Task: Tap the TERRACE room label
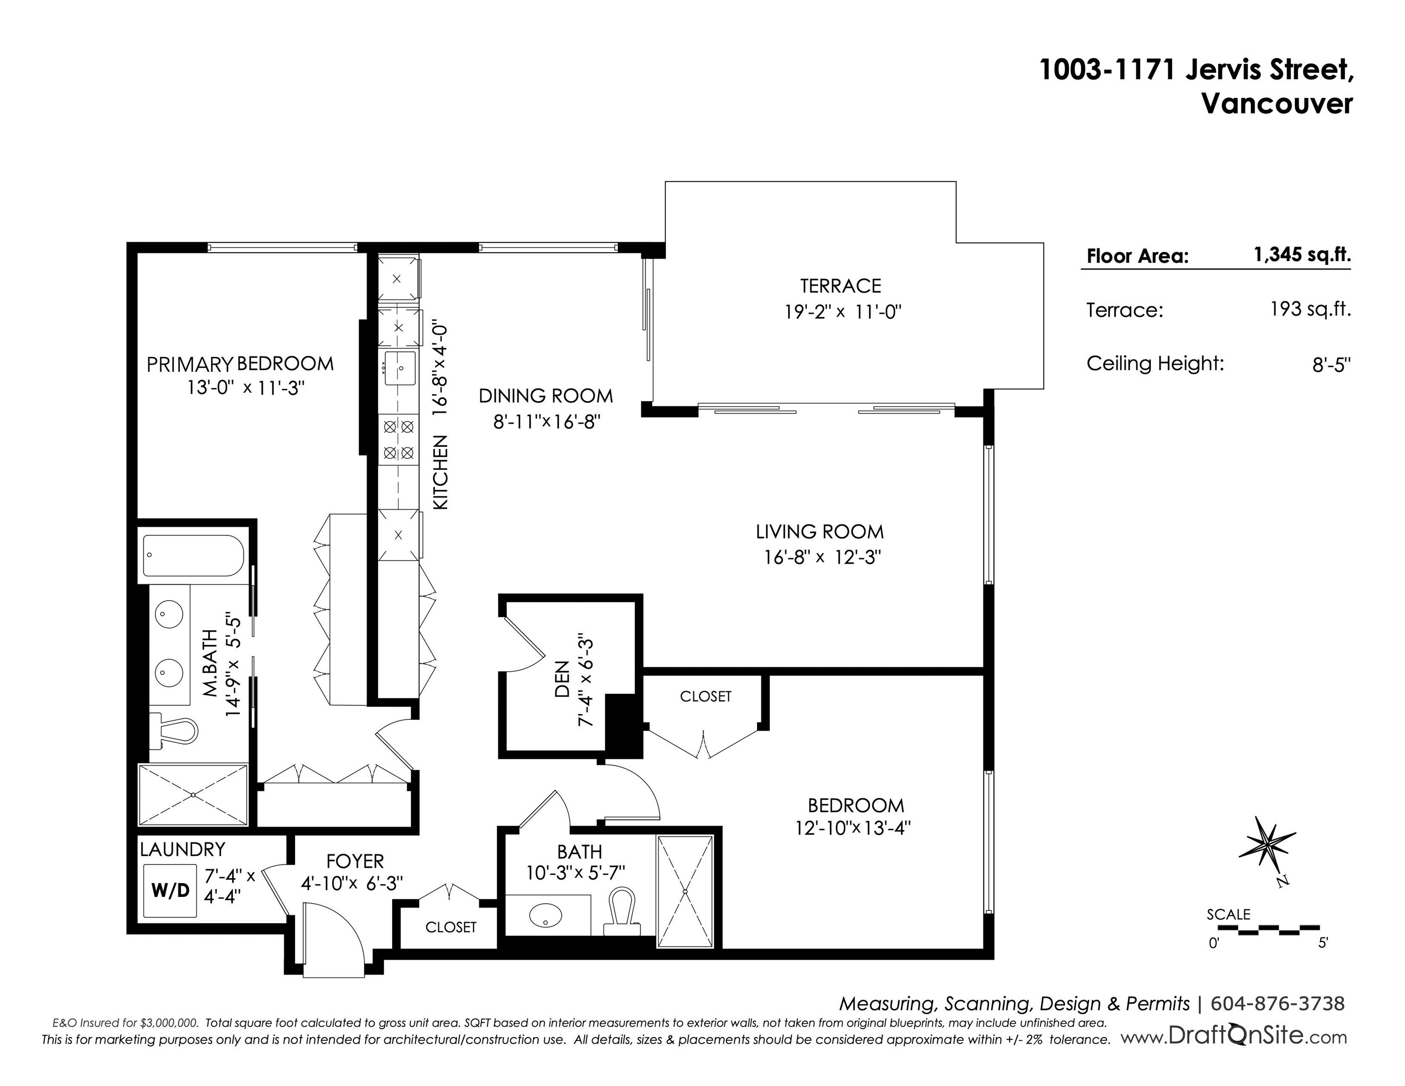click(x=840, y=286)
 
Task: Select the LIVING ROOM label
click(x=820, y=532)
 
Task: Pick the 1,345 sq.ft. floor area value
click(x=1302, y=255)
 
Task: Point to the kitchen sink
click(x=400, y=368)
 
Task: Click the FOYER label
click(x=354, y=862)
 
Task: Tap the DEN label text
click(x=562, y=679)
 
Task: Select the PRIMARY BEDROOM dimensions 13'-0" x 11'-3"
click(x=245, y=388)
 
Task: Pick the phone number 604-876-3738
click(x=1278, y=1004)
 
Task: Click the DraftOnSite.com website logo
click(x=1234, y=1037)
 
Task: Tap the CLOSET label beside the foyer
click(x=451, y=927)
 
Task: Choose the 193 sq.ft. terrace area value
click(x=1310, y=310)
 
